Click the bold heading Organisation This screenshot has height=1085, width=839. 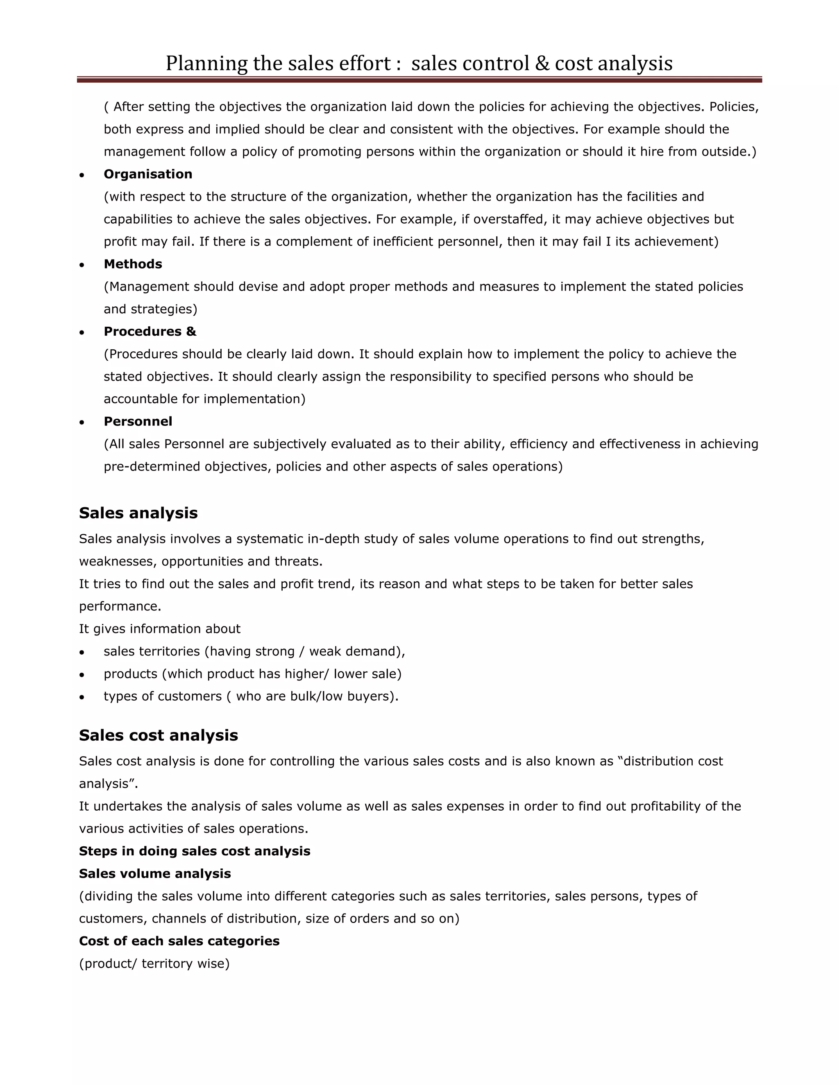coord(147,174)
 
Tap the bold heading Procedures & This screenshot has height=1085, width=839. coord(150,331)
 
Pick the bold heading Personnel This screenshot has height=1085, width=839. coord(138,421)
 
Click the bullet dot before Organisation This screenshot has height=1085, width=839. coord(82,175)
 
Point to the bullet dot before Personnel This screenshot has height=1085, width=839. coord(82,422)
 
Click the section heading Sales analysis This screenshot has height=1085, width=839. coord(138,513)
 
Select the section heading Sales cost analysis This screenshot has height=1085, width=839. coord(158,735)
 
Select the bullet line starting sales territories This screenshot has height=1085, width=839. coord(254,651)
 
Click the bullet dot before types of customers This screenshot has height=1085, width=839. coord(82,697)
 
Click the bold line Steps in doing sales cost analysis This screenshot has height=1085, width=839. coord(194,851)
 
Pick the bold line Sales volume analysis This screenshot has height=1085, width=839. coord(154,873)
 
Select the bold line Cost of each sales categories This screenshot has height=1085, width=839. coord(179,941)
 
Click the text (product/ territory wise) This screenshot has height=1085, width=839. coord(154,963)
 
